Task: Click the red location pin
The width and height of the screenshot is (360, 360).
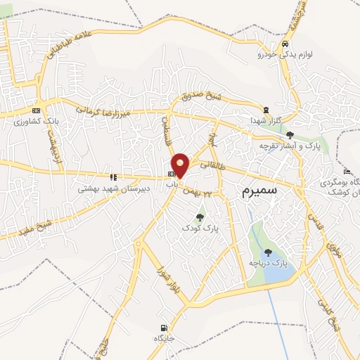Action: pyautogui.click(x=181, y=165)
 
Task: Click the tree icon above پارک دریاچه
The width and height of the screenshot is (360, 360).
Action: pyautogui.click(x=267, y=252)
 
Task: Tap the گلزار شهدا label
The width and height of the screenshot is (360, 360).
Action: pyautogui.click(x=264, y=121)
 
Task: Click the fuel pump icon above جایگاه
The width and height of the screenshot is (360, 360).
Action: pyautogui.click(x=164, y=328)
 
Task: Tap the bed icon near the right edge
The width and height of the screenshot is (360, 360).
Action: pyautogui.click(x=346, y=172)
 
